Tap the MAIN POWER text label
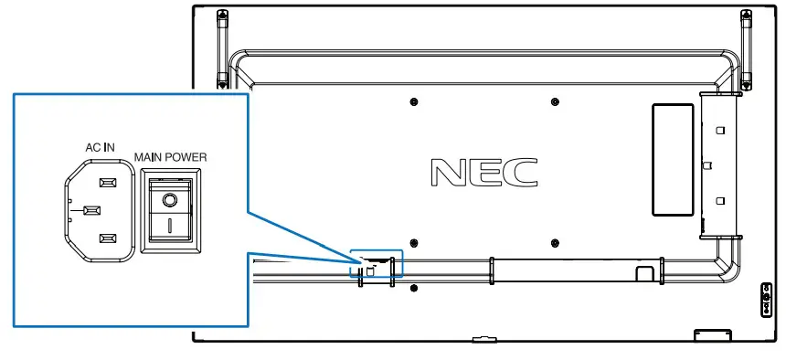[170, 156]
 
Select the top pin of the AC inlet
[108, 183]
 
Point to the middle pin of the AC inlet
[90, 210]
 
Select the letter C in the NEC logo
[524, 171]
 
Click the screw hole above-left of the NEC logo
[414, 101]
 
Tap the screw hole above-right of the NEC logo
[556, 101]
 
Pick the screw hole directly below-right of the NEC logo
[556, 243]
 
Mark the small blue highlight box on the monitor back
[377, 262]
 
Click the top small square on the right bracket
[719, 130]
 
